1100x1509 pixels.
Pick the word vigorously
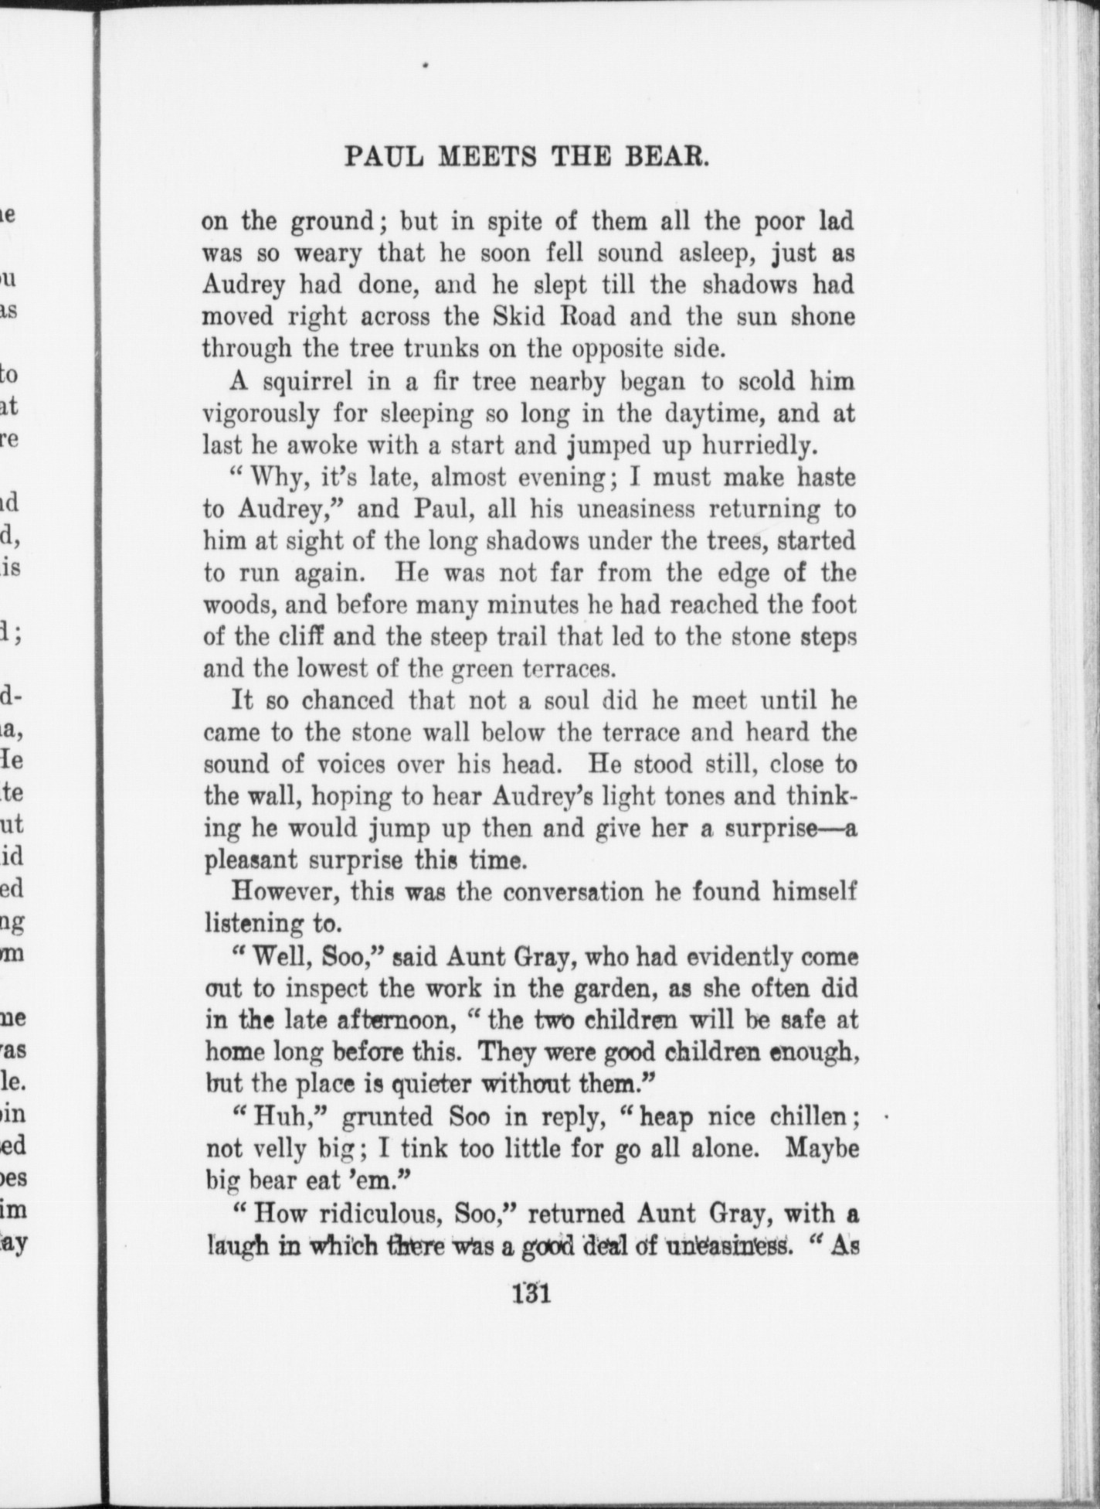[260, 414]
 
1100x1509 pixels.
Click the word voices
[346, 765]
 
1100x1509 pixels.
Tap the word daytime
[691, 414]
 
